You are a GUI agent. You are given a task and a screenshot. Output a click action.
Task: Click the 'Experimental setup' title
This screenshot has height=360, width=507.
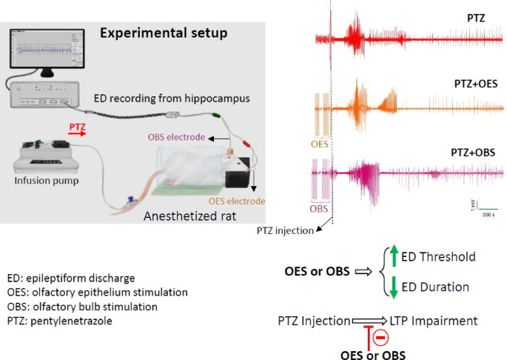pos(164,33)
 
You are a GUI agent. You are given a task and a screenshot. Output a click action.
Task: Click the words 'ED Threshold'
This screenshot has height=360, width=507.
pos(438,257)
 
